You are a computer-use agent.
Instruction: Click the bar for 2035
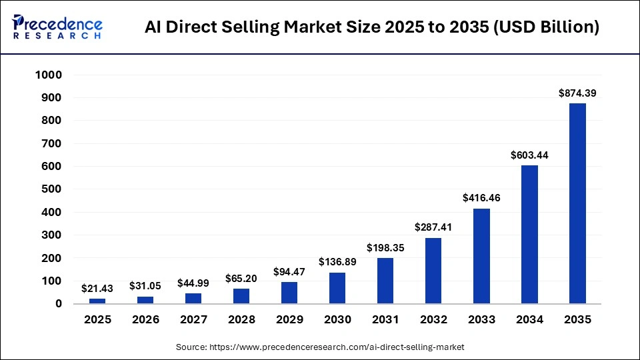(577, 203)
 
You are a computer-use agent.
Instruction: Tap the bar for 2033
(481, 256)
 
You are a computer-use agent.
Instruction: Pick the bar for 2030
(337, 287)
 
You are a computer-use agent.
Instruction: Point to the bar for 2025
(97, 301)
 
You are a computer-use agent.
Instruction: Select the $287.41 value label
(433, 227)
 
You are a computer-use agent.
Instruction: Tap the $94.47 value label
(289, 271)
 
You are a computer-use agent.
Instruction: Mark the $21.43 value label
(97, 288)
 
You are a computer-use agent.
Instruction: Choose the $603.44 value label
(529, 155)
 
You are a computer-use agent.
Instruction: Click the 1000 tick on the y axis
(49, 75)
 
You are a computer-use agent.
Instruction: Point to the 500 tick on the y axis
(51, 189)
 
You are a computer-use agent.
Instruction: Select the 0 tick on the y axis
(59, 304)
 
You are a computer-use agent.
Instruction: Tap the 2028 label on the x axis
(241, 319)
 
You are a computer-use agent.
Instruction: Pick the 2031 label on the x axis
(385, 319)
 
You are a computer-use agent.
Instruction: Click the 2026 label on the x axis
(145, 319)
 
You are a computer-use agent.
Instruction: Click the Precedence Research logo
(57, 27)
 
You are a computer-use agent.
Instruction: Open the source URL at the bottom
(320, 347)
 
